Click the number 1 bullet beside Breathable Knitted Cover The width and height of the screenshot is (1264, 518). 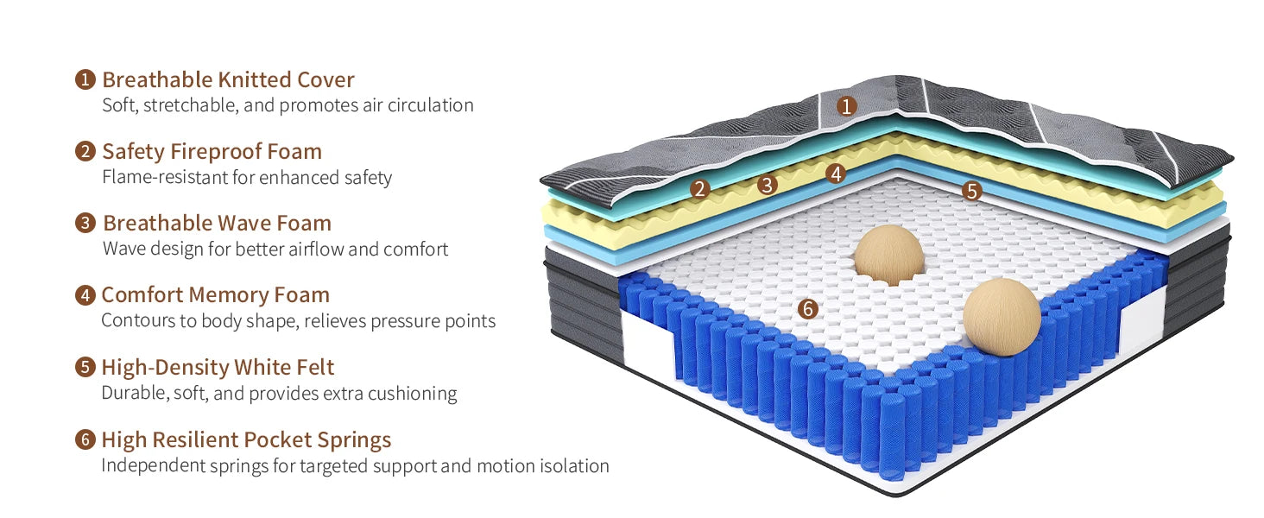click(x=85, y=80)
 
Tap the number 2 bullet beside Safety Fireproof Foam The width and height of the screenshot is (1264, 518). click(x=85, y=152)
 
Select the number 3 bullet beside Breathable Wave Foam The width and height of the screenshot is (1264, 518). click(x=85, y=224)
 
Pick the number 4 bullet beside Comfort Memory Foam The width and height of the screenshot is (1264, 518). click(x=85, y=295)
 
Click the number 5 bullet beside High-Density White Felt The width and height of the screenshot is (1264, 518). click(x=85, y=367)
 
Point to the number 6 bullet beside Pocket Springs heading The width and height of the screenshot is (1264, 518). click(x=85, y=439)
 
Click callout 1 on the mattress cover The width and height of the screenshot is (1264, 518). click(x=847, y=106)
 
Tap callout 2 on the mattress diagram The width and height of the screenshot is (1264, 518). click(x=700, y=189)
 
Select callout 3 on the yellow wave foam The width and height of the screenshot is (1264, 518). click(x=767, y=184)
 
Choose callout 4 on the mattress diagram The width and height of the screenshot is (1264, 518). click(x=834, y=174)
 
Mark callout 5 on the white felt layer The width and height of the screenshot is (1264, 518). click(x=972, y=191)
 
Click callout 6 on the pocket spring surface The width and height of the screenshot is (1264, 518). click(x=808, y=307)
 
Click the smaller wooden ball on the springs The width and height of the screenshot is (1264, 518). click(x=888, y=255)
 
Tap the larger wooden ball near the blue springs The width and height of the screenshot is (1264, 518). click(x=1002, y=317)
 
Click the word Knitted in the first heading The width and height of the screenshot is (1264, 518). click(x=256, y=80)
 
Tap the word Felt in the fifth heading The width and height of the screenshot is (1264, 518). click(x=314, y=367)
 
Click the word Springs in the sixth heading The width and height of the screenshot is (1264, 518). click(x=353, y=440)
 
